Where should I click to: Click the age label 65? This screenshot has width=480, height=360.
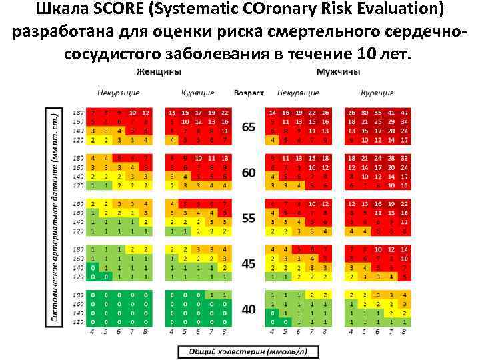pos(248,127)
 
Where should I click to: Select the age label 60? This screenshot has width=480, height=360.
pos(248,173)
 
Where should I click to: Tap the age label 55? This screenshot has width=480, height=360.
pos(248,218)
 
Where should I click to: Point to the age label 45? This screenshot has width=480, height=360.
pos(248,264)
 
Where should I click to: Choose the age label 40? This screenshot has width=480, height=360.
pos(248,309)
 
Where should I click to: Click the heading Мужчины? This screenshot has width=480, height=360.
pos(339,71)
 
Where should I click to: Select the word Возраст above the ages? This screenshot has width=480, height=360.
pos(249,93)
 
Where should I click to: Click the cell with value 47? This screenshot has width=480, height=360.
pos(404,113)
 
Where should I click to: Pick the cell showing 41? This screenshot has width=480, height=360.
pos(390,113)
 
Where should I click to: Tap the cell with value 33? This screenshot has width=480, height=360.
pos(404,158)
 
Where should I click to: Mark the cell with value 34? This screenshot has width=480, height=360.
pos(404,122)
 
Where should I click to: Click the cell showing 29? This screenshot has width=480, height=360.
pos(390,122)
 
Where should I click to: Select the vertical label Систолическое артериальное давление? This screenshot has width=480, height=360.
pos(57,217)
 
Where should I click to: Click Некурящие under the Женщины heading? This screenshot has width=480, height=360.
pos(118,93)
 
